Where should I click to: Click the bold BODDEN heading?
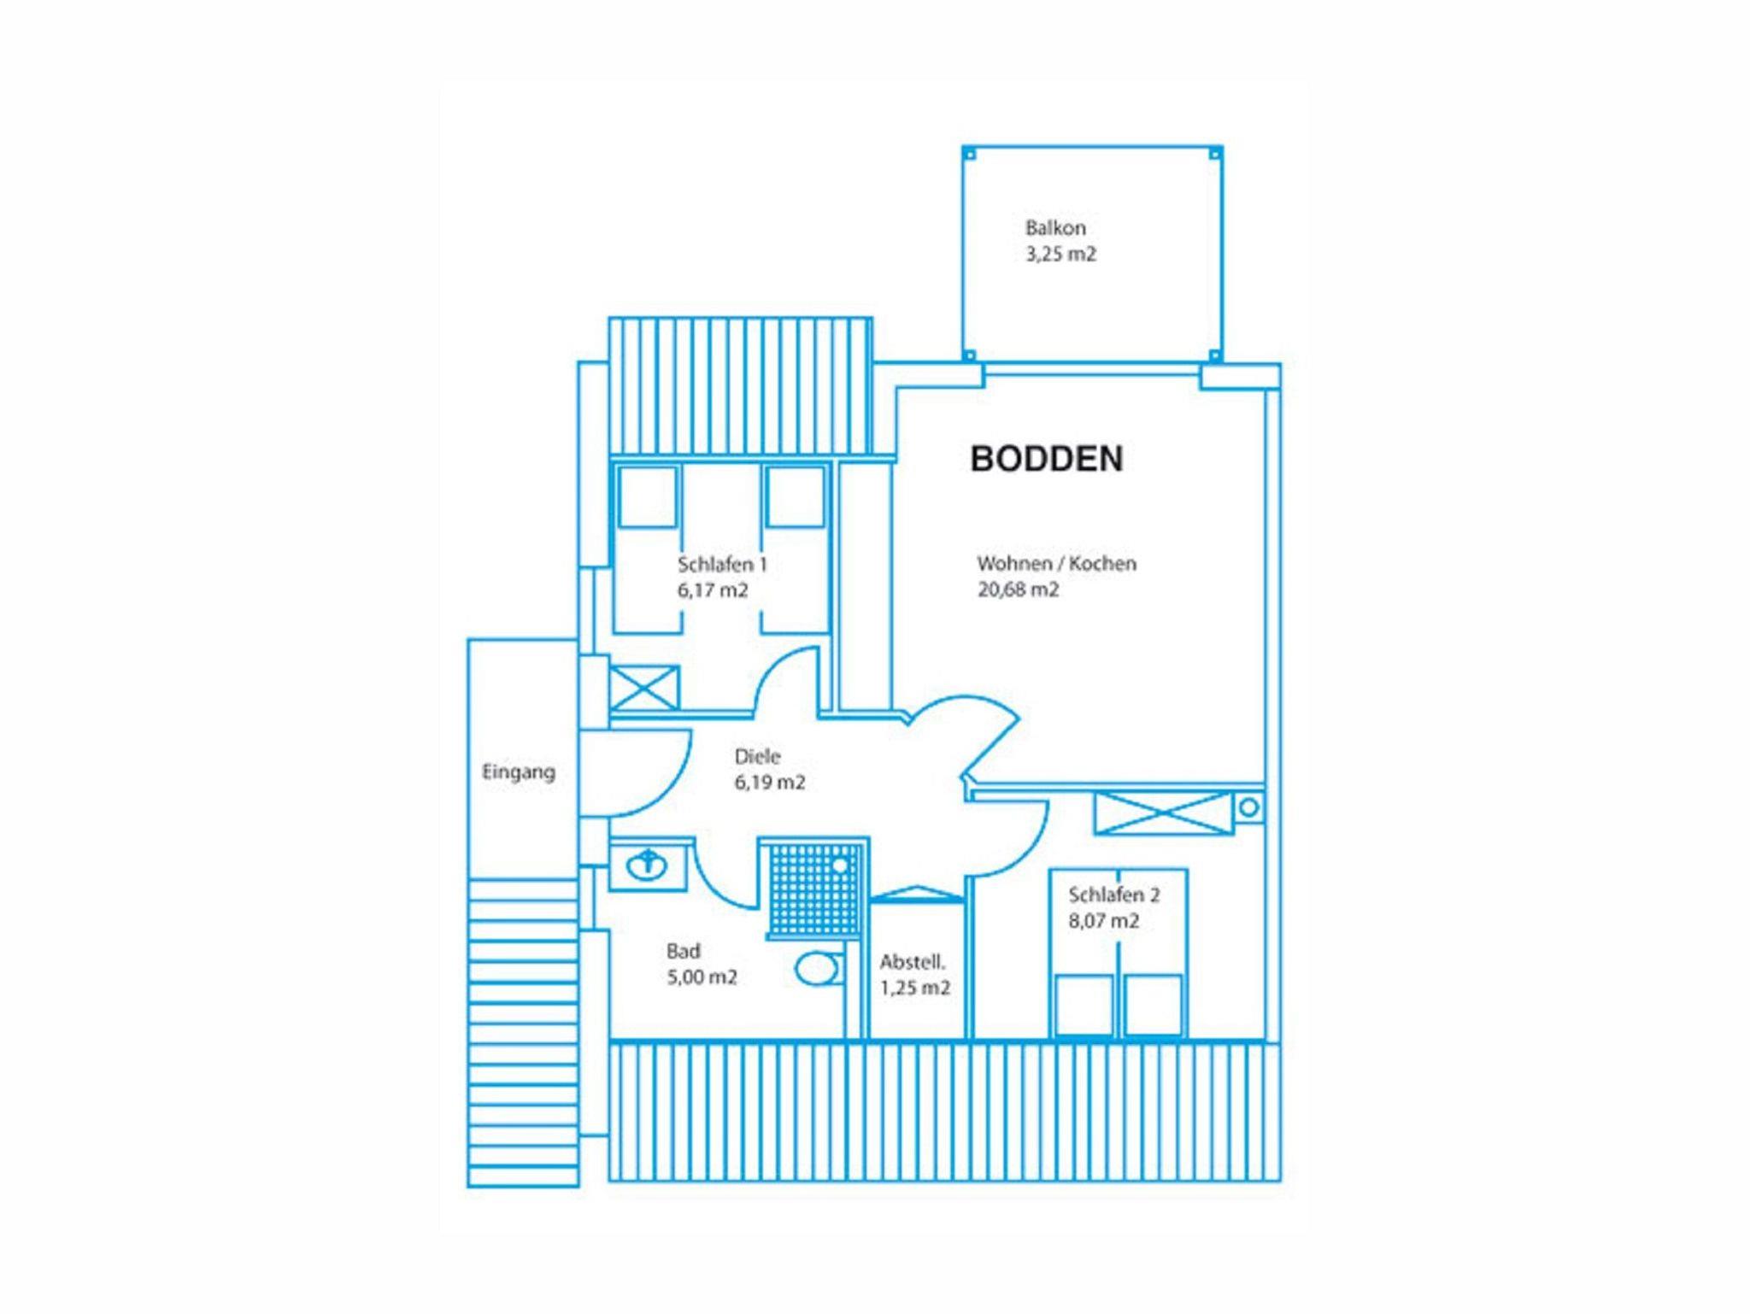[x=1047, y=459]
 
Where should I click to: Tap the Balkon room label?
[x=1055, y=228]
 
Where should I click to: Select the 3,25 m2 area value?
[x=1060, y=254]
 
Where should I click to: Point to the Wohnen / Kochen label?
[x=1057, y=564]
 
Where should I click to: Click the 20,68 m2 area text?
[x=1019, y=590]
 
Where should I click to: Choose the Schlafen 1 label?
[x=722, y=565]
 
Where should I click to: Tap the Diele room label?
[x=757, y=757]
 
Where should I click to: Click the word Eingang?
[x=519, y=773]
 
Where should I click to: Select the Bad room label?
[x=684, y=952]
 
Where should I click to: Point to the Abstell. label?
[x=913, y=963]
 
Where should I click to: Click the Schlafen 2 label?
[x=1114, y=895]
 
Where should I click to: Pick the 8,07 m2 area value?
[x=1104, y=921]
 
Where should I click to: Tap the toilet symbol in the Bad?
[x=818, y=970]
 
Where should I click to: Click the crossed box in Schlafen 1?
[x=645, y=688]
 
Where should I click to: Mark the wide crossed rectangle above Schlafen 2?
[x=1165, y=812]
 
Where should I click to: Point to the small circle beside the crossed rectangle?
[x=1248, y=807]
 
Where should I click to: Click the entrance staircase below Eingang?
[x=523, y=1033]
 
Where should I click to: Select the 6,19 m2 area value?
[x=770, y=783]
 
